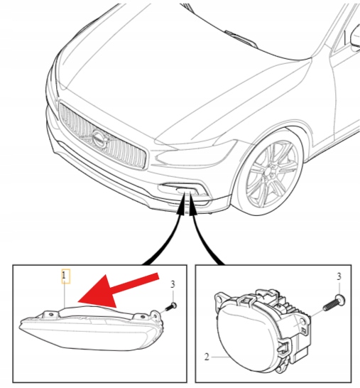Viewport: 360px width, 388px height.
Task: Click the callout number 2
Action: click(x=207, y=357)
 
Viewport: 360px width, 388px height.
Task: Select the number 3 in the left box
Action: click(x=173, y=284)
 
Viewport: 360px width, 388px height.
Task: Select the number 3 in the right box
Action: click(x=339, y=276)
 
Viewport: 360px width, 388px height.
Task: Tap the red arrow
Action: click(x=116, y=289)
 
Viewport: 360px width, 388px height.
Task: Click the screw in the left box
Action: click(x=170, y=307)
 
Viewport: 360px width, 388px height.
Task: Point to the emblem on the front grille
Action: click(x=100, y=140)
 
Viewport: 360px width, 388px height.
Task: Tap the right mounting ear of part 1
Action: click(x=156, y=315)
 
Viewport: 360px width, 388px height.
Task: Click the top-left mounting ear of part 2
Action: click(x=219, y=298)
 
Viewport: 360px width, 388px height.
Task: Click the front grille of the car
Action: click(x=102, y=136)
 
